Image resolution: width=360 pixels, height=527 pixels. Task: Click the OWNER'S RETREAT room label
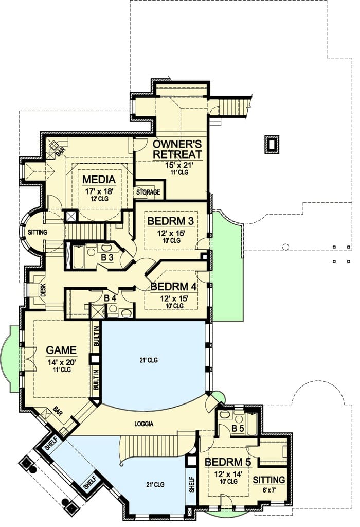176,148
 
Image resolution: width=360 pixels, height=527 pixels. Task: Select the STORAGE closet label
148,192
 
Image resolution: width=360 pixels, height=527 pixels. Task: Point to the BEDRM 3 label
171,221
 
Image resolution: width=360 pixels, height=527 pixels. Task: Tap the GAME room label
62,350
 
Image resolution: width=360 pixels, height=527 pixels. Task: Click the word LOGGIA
145,424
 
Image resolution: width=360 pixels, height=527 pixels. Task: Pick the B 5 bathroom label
237,427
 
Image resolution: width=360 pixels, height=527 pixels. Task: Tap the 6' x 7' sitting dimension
269,490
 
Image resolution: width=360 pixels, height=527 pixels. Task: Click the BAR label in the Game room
58,412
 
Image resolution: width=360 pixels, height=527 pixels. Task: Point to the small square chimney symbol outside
272,144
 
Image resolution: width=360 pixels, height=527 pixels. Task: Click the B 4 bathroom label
110,297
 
